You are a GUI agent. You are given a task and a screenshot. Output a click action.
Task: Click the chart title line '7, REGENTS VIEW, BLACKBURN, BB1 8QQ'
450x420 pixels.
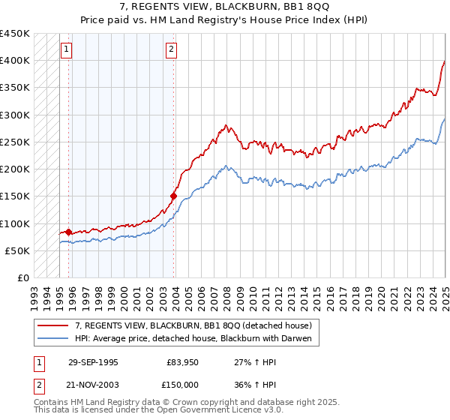pos(225,7)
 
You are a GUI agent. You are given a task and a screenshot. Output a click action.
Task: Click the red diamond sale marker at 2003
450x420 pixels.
pos(173,196)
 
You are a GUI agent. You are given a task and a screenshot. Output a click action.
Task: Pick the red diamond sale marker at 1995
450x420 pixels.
pos(69,232)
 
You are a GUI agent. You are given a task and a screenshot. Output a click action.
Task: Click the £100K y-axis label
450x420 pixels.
pos(16,223)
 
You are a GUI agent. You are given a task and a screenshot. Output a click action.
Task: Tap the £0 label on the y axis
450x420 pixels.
pos(22,278)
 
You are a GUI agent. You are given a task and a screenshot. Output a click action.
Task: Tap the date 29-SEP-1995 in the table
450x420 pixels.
pos(93,361)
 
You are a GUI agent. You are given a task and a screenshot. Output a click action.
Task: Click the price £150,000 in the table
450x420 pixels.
pos(182,383)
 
